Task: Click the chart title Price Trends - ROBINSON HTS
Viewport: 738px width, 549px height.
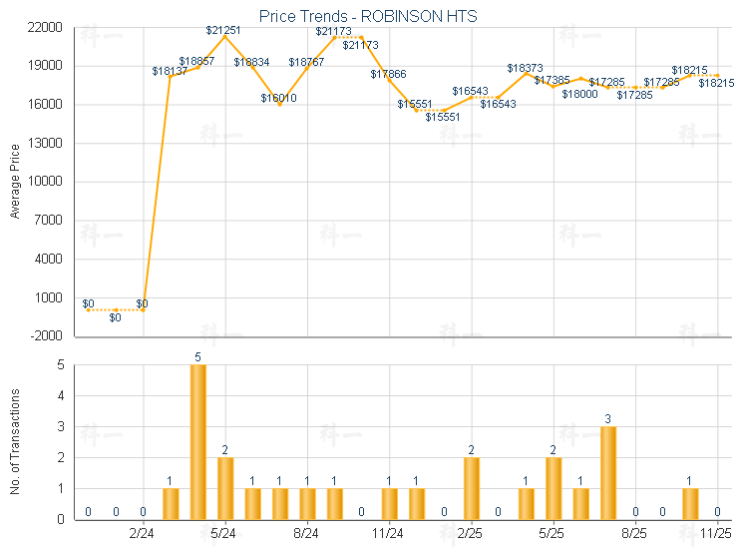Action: [x=368, y=16]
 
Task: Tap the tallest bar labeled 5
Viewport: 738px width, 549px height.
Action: [x=197, y=441]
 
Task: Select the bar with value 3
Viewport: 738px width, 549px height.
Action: [x=608, y=472]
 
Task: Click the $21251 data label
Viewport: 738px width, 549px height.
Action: [x=225, y=30]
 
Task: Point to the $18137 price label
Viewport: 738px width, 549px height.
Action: [x=170, y=71]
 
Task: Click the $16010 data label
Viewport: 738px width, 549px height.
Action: [x=278, y=98]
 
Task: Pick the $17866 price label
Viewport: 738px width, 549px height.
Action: [x=388, y=74]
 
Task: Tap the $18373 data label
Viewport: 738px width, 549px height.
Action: [x=525, y=68]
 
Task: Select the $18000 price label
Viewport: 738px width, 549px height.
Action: [x=579, y=94]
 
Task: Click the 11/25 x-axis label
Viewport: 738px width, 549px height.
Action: [x=717, y=533]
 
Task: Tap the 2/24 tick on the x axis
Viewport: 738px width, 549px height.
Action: [x=143, y=533]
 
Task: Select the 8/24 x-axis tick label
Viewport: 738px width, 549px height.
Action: [x=307, y=533]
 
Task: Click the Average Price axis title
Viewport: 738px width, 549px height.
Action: [x=14, y=182]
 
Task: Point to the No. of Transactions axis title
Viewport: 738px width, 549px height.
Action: [x=14, y=441]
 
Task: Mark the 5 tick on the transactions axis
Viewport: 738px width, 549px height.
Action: [x=60, y=365]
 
